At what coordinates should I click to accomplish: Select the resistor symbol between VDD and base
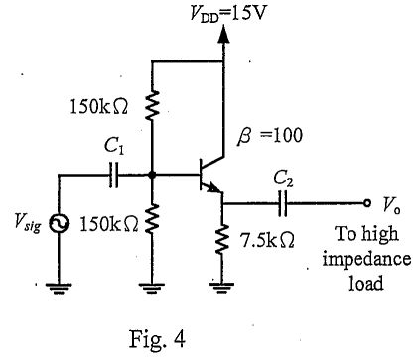[x=152, y=103]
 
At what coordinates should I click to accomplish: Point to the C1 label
[x=114, y=147]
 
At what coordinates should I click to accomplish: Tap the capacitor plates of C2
[x=283, y=204]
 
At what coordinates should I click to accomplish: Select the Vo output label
[x=390, y=203]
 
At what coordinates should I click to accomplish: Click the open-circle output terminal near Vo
[x=364, y=204]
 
